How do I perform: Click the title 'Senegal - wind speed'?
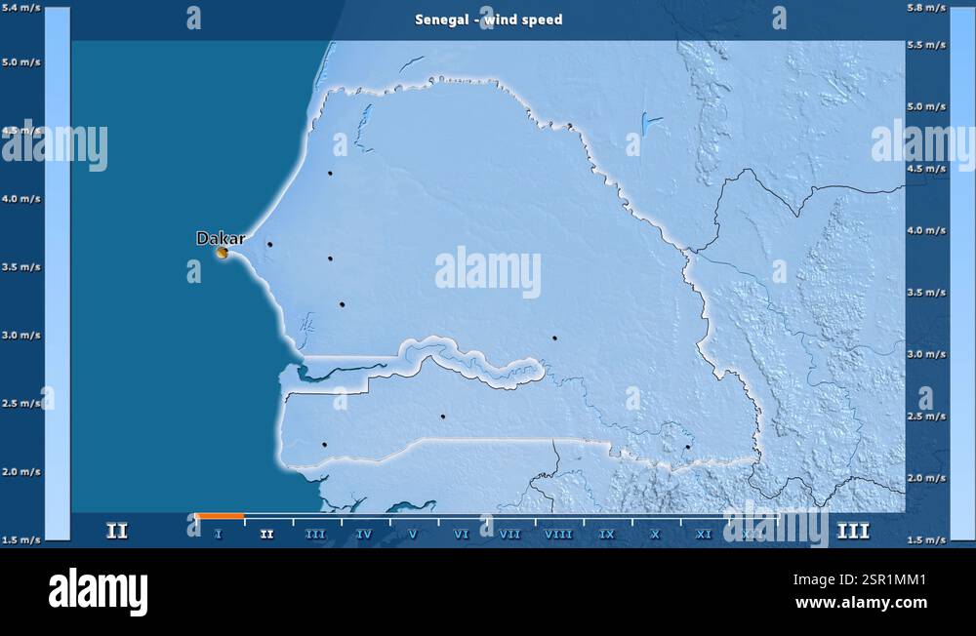tap(488, 20)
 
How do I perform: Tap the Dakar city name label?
tap(221, 238)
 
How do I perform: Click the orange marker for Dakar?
tap(223, 253)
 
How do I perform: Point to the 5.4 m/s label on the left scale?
tap(20, 8)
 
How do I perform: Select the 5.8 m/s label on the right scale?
tap(925, 8)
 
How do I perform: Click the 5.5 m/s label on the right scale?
tap(925, 45)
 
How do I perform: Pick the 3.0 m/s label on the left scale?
tap(20, 335)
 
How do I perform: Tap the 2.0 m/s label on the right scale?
tap(925, 478)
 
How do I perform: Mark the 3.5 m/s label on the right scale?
tap(925, 292)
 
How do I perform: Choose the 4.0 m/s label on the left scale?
tap(20, 198)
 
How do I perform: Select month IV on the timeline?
tap(364, 534)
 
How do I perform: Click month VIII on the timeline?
tap(558, 534)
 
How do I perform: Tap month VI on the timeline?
tap(462, 534)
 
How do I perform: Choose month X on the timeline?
tap(655, 534)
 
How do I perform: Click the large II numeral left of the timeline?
tap(117, 532)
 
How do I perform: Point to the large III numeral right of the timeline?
tap(853, 532)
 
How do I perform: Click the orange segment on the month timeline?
tap(220, 515)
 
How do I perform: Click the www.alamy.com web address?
tap(861, 603)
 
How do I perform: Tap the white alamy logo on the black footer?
tap(98, 592)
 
